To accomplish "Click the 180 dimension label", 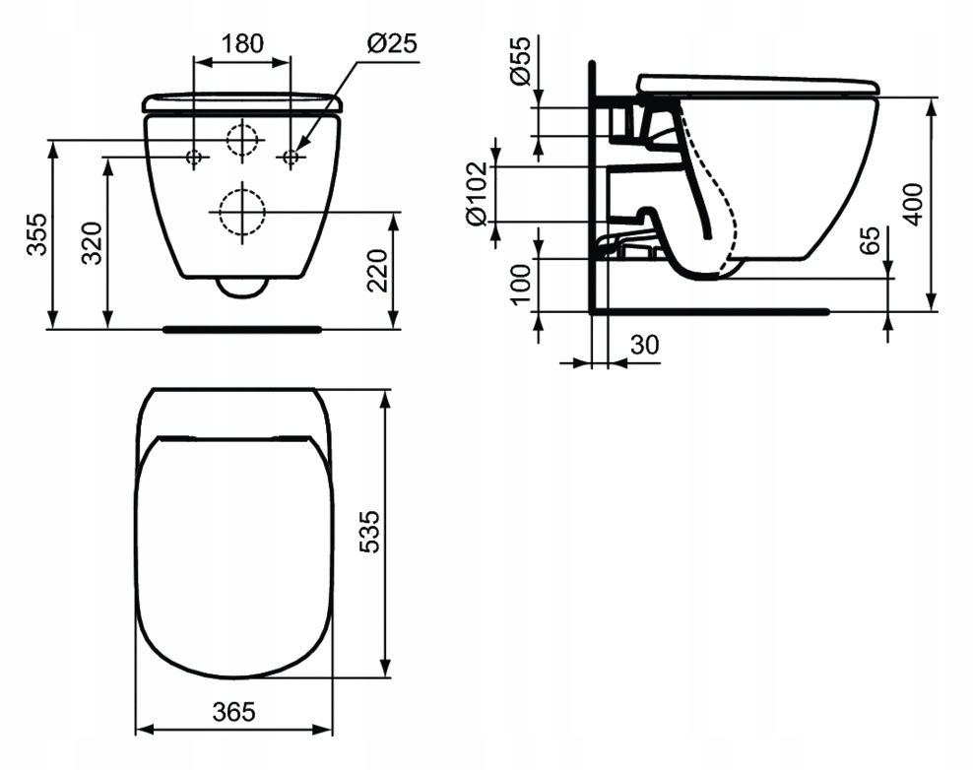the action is coord(242,43).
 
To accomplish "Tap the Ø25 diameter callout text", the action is coord(392,43).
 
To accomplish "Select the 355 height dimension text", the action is coord(36,234).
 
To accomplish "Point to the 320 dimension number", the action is coord(92,242).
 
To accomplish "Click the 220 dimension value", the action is coord(377,271).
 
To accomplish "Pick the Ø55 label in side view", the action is coord(520,60).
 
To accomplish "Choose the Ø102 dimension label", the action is coord(478,194).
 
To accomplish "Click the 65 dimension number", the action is coord(870,240).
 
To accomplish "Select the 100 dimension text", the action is coord(521,285).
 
